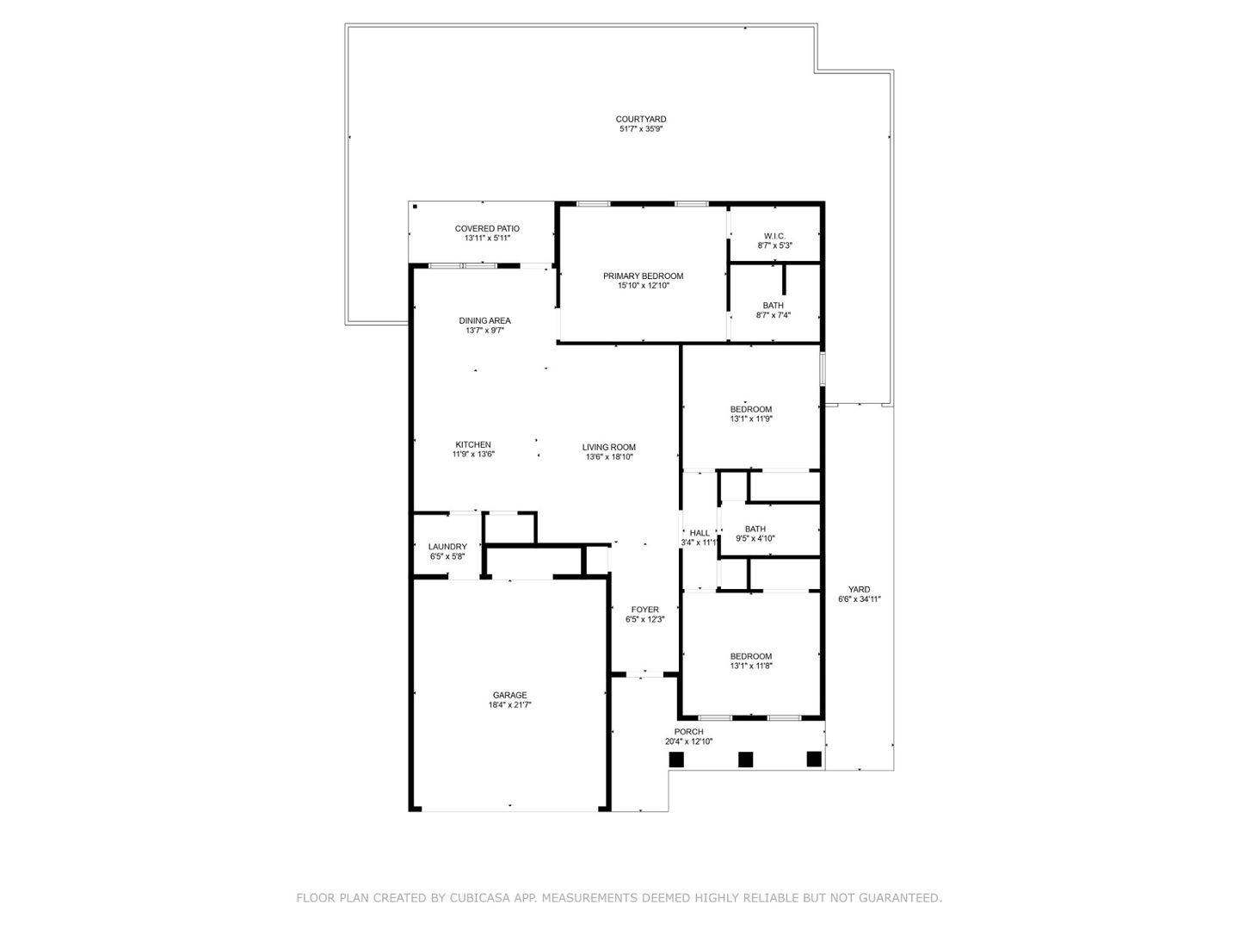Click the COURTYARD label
point(641,119)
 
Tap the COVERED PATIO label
point(487,229)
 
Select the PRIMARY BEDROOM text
point(643,276)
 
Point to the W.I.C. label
point(774,236)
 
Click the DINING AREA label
point(484,320)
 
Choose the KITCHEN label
point(473,445)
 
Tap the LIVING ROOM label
point(609,448)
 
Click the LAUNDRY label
point(447,547)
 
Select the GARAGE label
point(509,695)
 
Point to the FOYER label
point(644,610)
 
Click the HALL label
point(700,533)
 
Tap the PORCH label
point(688,732)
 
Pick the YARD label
point(859,590)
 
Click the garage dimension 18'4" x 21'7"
point(509,704)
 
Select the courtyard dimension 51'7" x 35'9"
point(641,129)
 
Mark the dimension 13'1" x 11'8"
point(751,666)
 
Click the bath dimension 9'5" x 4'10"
point(755,539)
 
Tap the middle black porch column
point(745,759)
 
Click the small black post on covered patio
point(415,207)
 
